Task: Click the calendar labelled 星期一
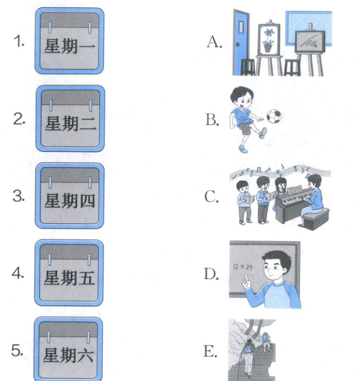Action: [69, 41]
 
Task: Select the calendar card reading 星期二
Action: [70, 118]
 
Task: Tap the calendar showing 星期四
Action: [69, 196]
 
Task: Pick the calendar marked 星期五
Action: [69, 273]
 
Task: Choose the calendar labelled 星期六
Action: [68, 350]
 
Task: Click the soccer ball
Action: [274, 117]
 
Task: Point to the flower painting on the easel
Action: [269, 40]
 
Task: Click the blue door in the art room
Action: [241, 42]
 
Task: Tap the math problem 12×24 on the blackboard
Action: [243, 267]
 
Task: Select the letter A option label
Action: [214, 42]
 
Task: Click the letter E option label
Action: [210, 351]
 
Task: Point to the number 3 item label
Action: [18, 196]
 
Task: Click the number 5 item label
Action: [17, 350]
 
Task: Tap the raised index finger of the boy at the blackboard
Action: [246, 278]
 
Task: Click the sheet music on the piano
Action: [295, 190]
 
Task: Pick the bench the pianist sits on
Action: [315, 218]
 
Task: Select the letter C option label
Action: [211, 197]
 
